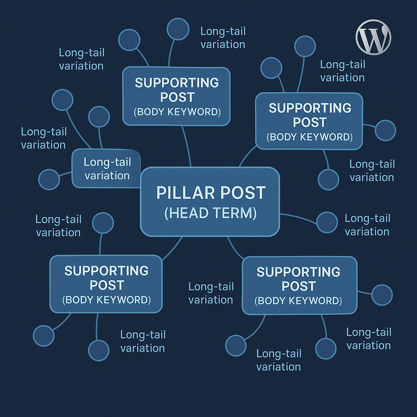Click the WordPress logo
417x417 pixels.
coord(373,37)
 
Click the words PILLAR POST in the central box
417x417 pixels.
coord(211,193)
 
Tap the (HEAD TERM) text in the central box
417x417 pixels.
coord(211,213)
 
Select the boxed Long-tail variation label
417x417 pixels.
coord(107,169)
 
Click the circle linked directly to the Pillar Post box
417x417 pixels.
coord(327,222)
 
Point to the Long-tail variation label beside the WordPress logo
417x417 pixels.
coord(342,71)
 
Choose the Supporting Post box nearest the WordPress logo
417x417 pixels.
coord(309,121)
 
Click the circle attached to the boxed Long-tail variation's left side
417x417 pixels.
coord(49,180)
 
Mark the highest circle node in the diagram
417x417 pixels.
coord(178,29)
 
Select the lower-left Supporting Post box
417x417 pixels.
coord(106,284)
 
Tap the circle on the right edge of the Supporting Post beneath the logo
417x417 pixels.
coord(385,130)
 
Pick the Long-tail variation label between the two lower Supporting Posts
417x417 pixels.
coord(211,293)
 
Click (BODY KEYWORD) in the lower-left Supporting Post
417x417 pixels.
coord(106,300)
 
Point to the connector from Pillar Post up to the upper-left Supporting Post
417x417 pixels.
coord(186,147)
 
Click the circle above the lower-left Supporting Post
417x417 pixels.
coord(103,223)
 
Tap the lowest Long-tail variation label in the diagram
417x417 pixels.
coord(279,360)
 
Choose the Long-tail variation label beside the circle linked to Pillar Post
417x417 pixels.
coord(367,225)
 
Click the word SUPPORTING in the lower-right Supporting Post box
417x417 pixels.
coord(298,272)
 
